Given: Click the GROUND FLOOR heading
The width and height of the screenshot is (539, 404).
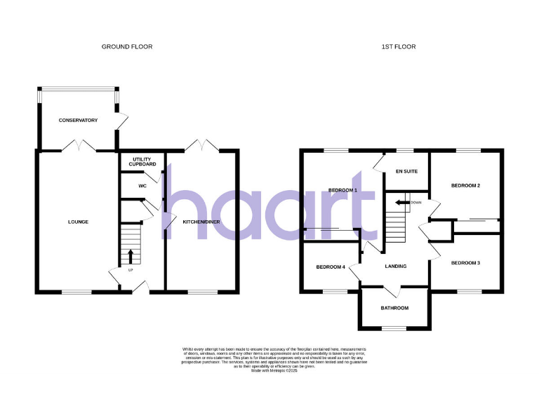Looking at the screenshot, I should pos(127,46).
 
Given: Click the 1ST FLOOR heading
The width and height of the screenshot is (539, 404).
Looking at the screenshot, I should pos(399,46).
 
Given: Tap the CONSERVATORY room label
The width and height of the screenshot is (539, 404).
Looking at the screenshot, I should pos(78,121).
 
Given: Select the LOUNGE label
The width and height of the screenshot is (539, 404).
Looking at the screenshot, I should pos(78,222).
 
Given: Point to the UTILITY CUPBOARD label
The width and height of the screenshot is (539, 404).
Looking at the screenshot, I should pos(142,161).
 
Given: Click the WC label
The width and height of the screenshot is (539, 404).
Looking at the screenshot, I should pos(142,186).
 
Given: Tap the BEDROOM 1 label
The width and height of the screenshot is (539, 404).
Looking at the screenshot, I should pos(343,190).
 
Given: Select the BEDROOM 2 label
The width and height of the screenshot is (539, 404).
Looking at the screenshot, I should pos(465,186).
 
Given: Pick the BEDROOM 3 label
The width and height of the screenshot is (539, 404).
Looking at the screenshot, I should pos(465,263).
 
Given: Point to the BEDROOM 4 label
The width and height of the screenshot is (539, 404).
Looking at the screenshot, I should pos(331,267).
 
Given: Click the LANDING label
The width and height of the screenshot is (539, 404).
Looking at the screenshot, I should pos(396,267).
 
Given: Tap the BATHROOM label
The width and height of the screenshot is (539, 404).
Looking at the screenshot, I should pos(394,308).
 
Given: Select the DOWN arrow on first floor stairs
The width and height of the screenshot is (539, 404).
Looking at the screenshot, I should pos(402,203).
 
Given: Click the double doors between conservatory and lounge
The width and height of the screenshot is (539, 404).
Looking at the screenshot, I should pos(78,146).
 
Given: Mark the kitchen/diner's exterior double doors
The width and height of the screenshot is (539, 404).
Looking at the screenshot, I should pos(202,146).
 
